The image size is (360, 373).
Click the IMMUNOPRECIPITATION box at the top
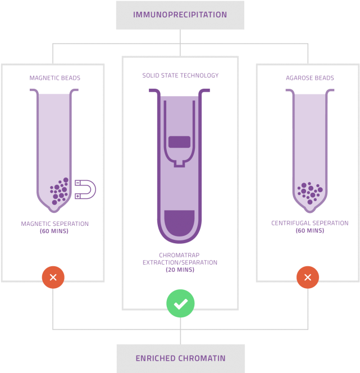pyautogui.click(x=180, y=15)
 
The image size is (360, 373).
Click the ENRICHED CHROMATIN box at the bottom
pyautogui.click(x=180, y=358)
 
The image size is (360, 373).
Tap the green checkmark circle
pyautogui.click(x=180, y=304)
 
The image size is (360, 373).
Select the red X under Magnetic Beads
pyautogui.click(x=53, y=277)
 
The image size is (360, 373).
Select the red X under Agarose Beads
pyautogui.click(x=307, y=277)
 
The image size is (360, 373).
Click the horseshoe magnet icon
pyautogui.click(x=85, y=189)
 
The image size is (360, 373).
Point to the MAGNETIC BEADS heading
pyautogui.click(x=54, y=78)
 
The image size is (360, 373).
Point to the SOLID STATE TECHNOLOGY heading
pyautogui.click(x=180, y=75)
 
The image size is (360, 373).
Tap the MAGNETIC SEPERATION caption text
pyautogui.click(x=54, y=224)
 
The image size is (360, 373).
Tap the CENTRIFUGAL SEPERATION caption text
pyautogui.click(x=309, y=223)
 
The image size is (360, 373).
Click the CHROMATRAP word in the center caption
pyautogui.click(x=180, y=255)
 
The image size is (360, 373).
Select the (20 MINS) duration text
pyautogui.click(x=180, y=270)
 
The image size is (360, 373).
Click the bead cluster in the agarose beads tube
pyautogui.click(x=309, y=192)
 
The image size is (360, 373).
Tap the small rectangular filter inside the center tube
pyautogui.click(x=180, y=141)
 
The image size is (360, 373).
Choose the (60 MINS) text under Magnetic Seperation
pyautogui.click(x=54, y=231)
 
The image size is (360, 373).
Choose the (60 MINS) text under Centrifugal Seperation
pyautogui.click(x=309, y=230)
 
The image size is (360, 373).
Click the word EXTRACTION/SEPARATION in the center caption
pyautogui.click(x=180, y=262)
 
